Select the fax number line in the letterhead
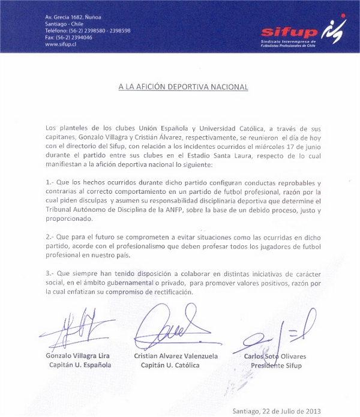coord(69,37)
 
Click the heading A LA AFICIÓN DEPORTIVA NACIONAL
coord(182,87)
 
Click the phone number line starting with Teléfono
coord(88,31)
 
